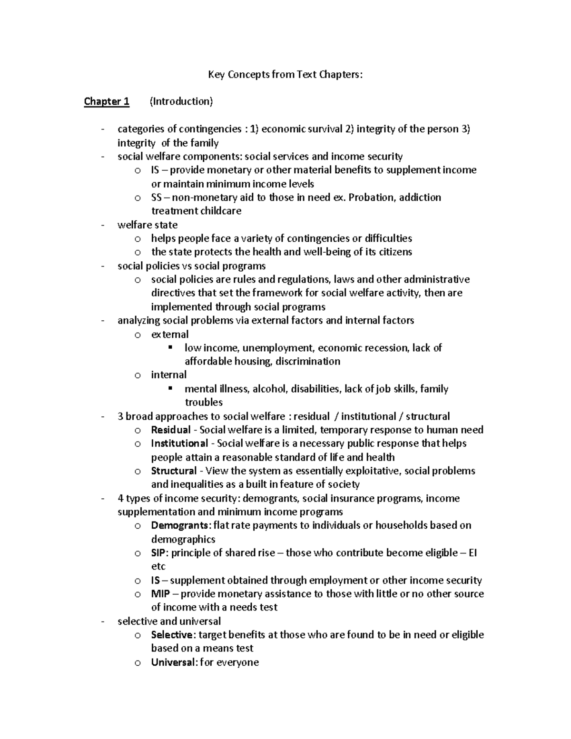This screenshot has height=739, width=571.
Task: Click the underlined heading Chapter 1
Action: click(x=106, y=101)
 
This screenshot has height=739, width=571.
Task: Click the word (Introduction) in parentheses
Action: click(x=181, y=101)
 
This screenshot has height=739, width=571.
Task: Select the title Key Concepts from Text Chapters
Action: click(x=285, y=74)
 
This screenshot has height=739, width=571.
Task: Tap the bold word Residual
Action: click(x=170, y=430)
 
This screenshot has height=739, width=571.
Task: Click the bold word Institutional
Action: click(x=179, y=443)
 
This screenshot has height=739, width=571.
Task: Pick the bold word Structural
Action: click(x=174, y=471)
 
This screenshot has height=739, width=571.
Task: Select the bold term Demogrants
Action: click(x=180, y=525)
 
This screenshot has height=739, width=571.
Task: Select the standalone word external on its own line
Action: click(x=170, y=334)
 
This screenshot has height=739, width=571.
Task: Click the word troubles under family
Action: click(x=204, y=402)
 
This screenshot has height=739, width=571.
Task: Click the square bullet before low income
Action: click(x=170, y=347)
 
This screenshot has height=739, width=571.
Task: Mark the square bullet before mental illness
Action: click(x=170, y=388)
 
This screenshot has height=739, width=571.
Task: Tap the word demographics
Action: click(x=183, y=539)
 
